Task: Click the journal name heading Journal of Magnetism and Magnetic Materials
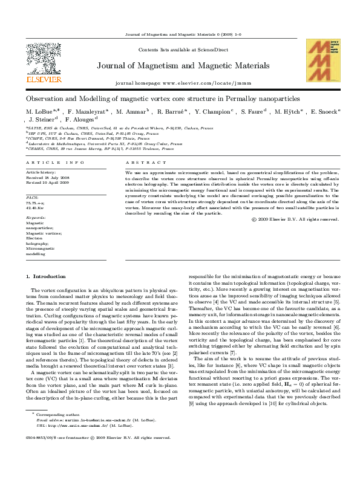(x=180, y=66)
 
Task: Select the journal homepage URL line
(x=179, y=82)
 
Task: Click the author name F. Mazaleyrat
(x=88, y=112)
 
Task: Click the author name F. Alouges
(x=80, y=120)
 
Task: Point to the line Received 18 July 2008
(x=51, y=177)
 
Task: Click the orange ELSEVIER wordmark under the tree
(x=44, y=79)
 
